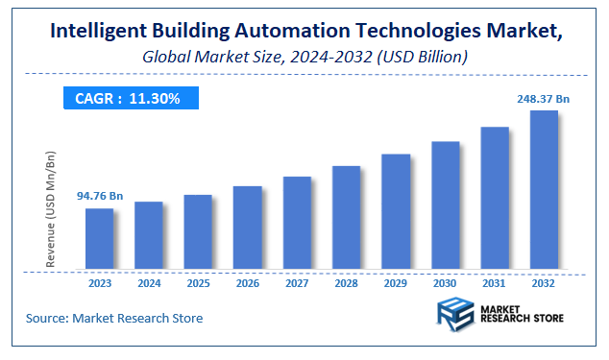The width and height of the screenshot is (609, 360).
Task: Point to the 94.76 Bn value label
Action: pyautogui.click(x=100, y=197)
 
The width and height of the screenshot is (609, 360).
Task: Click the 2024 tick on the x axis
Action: pyautogui.click(x=149, y=284)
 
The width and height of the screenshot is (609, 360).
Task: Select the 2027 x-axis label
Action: pyautogui.click(x=297, y=284)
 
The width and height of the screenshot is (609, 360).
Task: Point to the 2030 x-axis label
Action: pyautogui.click(x=445, y=284)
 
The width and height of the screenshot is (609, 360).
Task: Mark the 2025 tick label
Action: pyautogui.click(x=198, y=284)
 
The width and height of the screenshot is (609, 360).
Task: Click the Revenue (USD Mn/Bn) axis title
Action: pyautogui.click(x=51, y=208)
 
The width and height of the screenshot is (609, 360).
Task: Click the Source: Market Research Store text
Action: pyautogui.click(x=114, y=318)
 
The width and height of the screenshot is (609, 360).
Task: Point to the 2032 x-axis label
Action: pyautogui.click(x=544, y=284)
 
